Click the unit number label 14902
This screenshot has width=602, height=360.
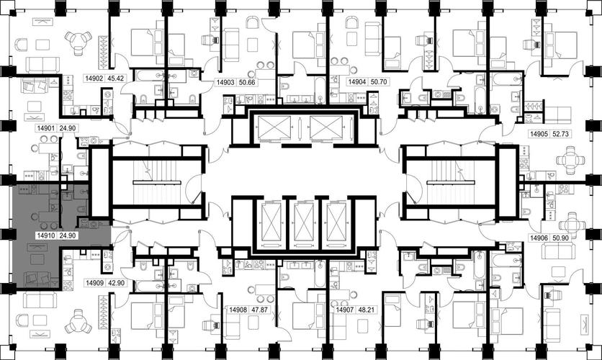pyautogui.click(x=94, y=78)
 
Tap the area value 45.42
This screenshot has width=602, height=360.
pyautogui.click(x=115, y=78)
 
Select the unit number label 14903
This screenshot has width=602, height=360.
pyautogui.click(x=225, y=83)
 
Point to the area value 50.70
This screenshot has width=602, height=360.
pyautogui.click(x=378, y=82)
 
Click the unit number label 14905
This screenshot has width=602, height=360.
pyautogui.click(x=539, y=134)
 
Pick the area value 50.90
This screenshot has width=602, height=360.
pyautogui.click(x=560, y=238)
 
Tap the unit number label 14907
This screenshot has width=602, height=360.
pyautogui.click(x=345, y=310)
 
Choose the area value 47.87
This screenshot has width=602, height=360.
pyautogui.click(x=259, y=310)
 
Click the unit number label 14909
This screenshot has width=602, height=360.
pyautogui.click(x=95, y=283)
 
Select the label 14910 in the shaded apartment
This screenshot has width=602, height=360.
pyautogui.click(x=45, y=235)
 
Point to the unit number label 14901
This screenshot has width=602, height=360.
pyautogui.click(x=45, y=128)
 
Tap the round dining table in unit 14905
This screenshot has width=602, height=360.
pyautogui.click(x=570, y=159)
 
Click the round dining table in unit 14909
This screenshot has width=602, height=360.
pyautogui.click(x=78, y=322)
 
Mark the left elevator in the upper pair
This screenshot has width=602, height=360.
pyautogui.click(x=274, y=127)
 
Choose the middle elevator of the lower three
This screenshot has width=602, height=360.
pyautogui.click(x=304, y=222)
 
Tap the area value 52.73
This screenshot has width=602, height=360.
pyautogui.click(x=560, y=134)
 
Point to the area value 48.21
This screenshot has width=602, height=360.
pyautogui.click(x=366, y=310)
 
